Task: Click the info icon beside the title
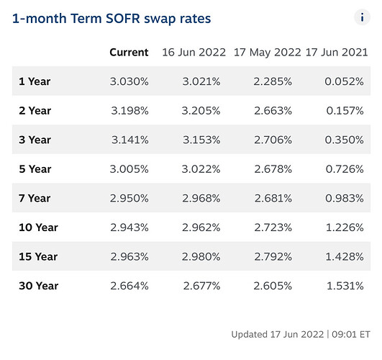coord(362,17)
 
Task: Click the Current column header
coord(129,52)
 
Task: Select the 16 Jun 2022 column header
coord(194,52)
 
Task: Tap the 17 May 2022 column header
coord(267,53)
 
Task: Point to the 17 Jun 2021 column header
coord(337,52)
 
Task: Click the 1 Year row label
coord(35,81)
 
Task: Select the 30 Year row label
coord(39,286)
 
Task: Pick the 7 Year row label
coord(35,198)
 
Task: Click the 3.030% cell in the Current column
coord(129,81)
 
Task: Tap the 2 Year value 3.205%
coord(201,110)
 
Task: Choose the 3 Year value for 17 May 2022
coord(273,140)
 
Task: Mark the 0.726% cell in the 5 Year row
coord(345,168)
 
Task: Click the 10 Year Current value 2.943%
coord(129,228)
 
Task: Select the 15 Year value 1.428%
coord(345,256)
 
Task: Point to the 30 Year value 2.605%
coord(273,286)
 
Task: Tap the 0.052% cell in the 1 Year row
coord(344,81)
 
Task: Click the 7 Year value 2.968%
coord(201,198)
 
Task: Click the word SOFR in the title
coord(123,18)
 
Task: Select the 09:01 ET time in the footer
coord(351,334)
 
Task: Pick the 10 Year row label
coord(39,228)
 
